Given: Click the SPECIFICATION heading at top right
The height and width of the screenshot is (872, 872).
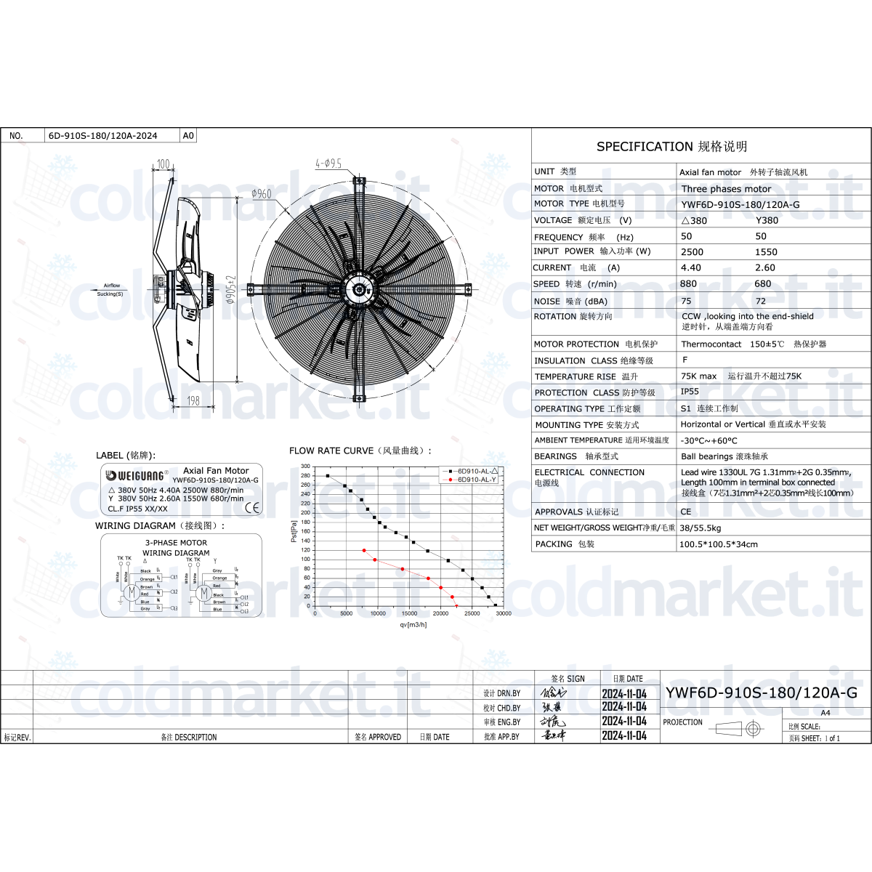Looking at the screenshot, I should point(671,147).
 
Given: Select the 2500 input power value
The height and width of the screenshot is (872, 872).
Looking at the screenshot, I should point(692,252).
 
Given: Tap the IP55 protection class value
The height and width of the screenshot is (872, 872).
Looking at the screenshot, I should point(690,392).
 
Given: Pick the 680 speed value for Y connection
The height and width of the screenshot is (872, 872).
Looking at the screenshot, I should point(763,284).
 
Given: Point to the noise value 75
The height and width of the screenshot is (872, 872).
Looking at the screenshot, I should point(687,301).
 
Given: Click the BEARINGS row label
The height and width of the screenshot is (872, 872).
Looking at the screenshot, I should point(555,456).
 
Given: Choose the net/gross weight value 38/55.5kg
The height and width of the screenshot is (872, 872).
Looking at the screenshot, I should point(701,528).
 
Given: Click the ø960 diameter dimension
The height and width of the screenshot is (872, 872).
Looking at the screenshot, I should point(262,193).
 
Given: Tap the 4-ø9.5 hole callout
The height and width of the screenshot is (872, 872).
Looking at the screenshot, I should point(328,164).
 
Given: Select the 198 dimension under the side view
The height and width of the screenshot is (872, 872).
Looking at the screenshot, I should point(193,400).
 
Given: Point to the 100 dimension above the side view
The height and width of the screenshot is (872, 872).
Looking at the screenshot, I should point(163,164).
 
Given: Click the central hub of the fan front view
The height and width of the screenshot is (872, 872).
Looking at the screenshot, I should point(359,289).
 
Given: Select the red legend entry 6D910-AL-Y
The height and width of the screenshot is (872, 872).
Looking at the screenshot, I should point(476,480).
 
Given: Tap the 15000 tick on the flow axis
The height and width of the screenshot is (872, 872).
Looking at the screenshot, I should point(409,614).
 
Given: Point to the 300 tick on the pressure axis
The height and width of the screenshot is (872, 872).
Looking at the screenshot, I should point(305,467).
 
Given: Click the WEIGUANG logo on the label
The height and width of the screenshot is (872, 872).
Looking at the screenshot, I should point(137,475).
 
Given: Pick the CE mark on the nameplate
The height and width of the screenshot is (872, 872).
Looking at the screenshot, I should point(252,507).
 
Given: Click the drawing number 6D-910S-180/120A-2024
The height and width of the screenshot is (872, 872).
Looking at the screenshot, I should point(102,136).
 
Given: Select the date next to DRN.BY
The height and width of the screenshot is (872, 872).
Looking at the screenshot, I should point(623,694).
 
